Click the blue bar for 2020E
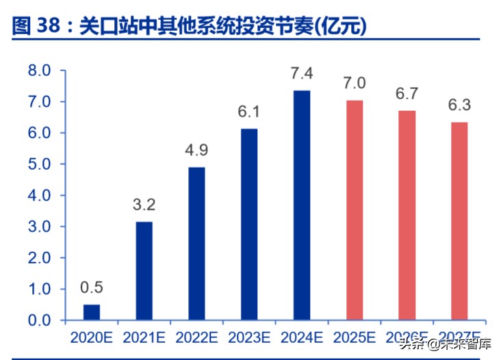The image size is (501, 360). point(92,312)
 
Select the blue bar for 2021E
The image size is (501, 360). point(144,271)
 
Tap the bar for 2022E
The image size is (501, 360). point(197,244)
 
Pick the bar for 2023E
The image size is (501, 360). point(249,224)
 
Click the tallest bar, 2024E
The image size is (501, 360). point(302,205)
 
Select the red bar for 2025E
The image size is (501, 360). point(355,210)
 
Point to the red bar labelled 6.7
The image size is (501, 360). point(407,215)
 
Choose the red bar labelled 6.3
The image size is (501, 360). point(459,221)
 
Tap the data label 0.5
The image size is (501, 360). point(92,288)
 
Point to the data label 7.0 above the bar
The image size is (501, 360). point(355,83)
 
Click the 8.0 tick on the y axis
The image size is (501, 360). point(40,70)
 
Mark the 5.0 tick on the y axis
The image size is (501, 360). point(40,164)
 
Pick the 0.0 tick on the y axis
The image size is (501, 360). point(40,320)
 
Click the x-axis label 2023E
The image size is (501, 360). point(249,337)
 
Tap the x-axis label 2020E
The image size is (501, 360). point(92,337)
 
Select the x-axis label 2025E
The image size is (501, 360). point(355,337)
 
